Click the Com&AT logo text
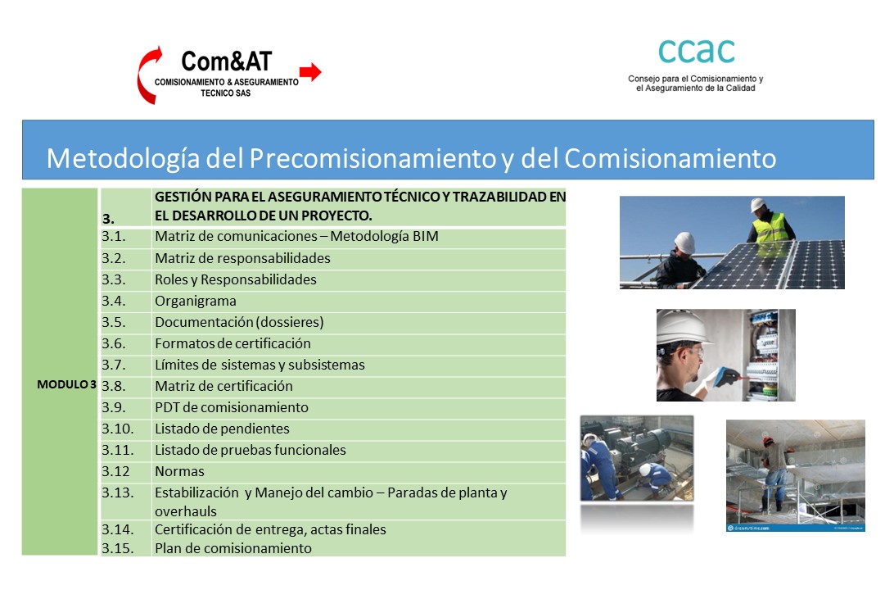(x=226, y=61)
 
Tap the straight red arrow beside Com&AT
(x=311, y=72)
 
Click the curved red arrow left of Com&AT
(x=148, y=75)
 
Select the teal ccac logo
(x=696, y=51)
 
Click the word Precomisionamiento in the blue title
(x=372, y=159)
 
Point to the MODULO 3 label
(x=66, y=384)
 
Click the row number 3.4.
(x=113, y=301)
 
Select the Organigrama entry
(x=196, y=302)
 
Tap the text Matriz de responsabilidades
(x=243, y=258)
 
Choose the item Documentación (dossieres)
(x=239, y=322)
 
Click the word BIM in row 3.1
(x=426, y=236)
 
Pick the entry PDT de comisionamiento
(x=232, y=407)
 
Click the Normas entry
(x=179, y=471)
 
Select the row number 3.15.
(x=117, y=548)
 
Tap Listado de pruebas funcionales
(x=251, y=450)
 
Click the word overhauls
(x=186, y=511)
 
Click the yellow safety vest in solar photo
(x=770, y=229)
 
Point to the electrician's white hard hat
(x=681, y=328)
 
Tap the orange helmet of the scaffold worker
(x=768, y=441)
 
